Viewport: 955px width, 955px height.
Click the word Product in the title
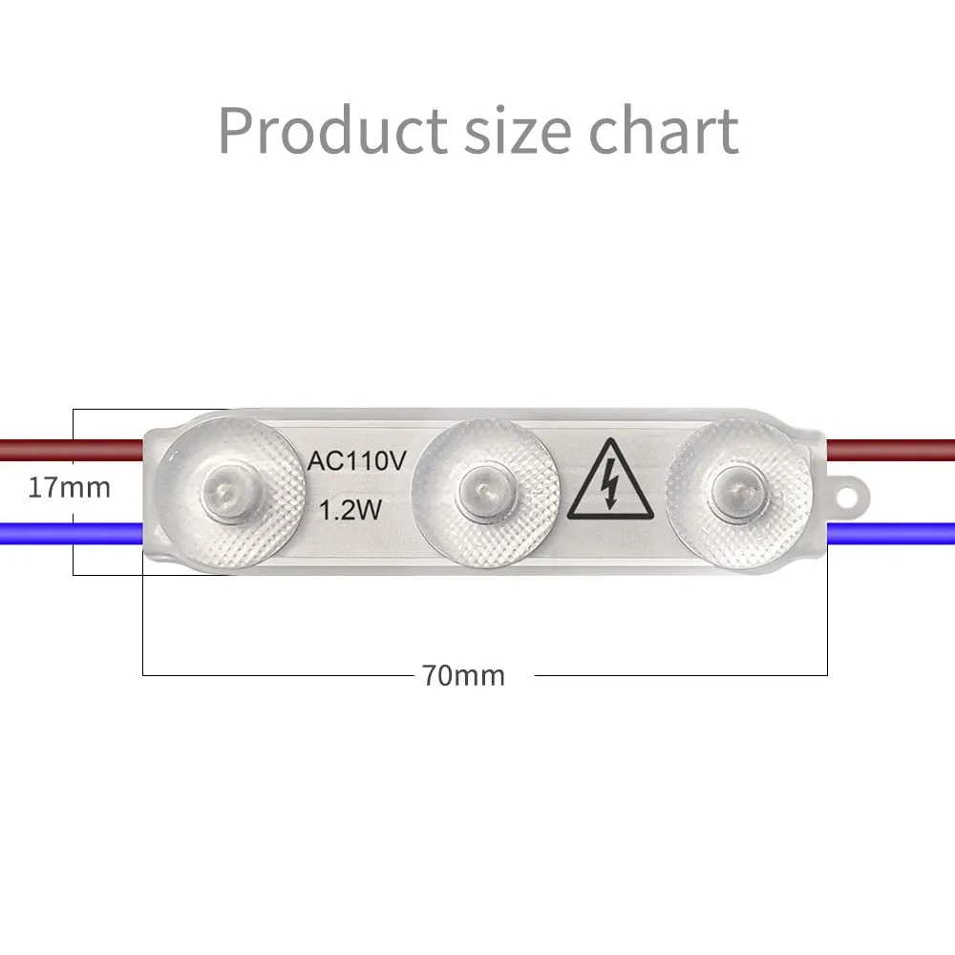332,130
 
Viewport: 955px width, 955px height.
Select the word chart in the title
664,129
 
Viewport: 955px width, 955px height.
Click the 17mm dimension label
70,488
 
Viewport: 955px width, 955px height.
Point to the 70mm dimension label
463,675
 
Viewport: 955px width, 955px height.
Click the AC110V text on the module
356,461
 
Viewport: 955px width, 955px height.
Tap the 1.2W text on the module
350,510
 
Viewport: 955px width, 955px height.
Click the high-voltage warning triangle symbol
610,480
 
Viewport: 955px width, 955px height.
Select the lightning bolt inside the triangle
609,483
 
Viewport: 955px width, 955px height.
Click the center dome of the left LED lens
224,488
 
